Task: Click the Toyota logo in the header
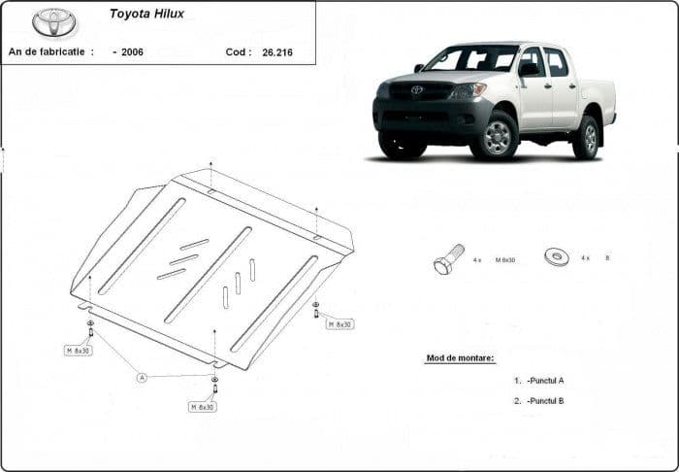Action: [54, 22]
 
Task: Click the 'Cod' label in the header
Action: [238, 51]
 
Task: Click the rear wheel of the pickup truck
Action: [586, 138]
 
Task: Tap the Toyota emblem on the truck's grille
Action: [416, 90]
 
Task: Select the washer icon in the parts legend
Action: [558, 257]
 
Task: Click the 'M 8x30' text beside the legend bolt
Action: [506, 259]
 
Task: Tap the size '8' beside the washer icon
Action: [607, 258]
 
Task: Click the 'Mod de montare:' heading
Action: [460, 357]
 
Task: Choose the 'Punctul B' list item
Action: [545, 400]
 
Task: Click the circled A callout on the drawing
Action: [142, 377]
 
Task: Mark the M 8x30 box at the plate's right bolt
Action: [339, 324]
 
